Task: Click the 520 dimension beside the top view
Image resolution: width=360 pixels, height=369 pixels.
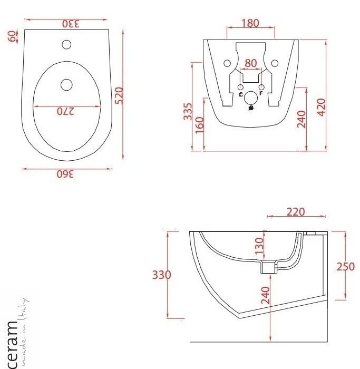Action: tap(119, 95)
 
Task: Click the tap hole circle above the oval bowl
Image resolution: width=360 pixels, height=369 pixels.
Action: tap(66, 44)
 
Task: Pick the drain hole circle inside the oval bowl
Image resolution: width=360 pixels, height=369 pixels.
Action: tap(66, 84)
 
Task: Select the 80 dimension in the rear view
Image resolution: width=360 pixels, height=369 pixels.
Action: tap(251, 63)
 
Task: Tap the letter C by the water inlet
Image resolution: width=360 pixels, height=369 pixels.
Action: tap(240, 95)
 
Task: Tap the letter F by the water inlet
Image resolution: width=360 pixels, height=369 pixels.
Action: tap(261, 95)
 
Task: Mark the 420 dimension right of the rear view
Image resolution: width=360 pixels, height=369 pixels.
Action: tap(322, 105)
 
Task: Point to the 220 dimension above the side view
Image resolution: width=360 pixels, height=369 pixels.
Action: tap(296, 212)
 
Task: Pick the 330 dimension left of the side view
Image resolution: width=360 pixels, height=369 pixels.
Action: tap(161, 275)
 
